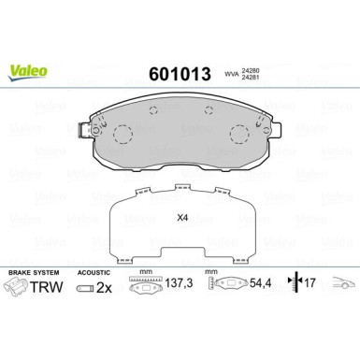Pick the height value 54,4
coord(252,281)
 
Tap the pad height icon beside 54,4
coord(222,281)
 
